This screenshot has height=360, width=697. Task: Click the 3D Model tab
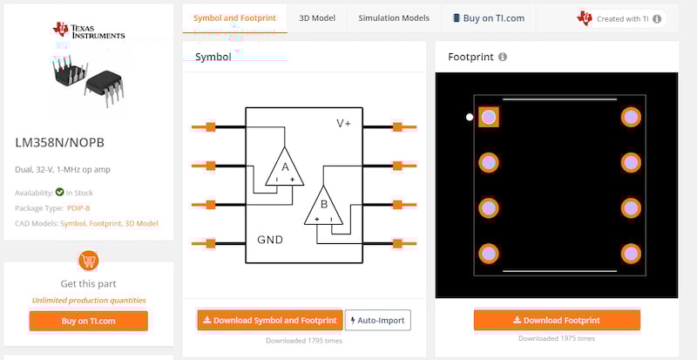pos(317,17)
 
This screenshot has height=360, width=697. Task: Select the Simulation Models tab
pos(394,17)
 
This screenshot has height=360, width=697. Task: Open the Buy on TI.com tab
pos(488,17)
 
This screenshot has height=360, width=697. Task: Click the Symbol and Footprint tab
pos(234,17)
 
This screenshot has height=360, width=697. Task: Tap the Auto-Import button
pos(377,320)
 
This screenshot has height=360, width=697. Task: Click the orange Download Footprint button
pos(557,320)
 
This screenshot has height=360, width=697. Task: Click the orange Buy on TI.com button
pos(88,321)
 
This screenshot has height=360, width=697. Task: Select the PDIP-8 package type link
pos(78,207)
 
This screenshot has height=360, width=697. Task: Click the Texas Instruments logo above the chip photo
pos(88,31)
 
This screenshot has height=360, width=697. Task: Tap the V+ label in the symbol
pos(343,124)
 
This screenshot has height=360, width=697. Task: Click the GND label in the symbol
pos(269,240)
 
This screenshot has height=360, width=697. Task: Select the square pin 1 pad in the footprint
pos(489,117)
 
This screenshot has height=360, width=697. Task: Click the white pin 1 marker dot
pos(470,117)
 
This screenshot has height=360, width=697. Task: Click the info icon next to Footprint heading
pos(503,58)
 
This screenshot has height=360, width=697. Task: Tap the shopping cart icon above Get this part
pos(88,260)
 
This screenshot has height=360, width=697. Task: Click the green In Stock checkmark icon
pos(59,193)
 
